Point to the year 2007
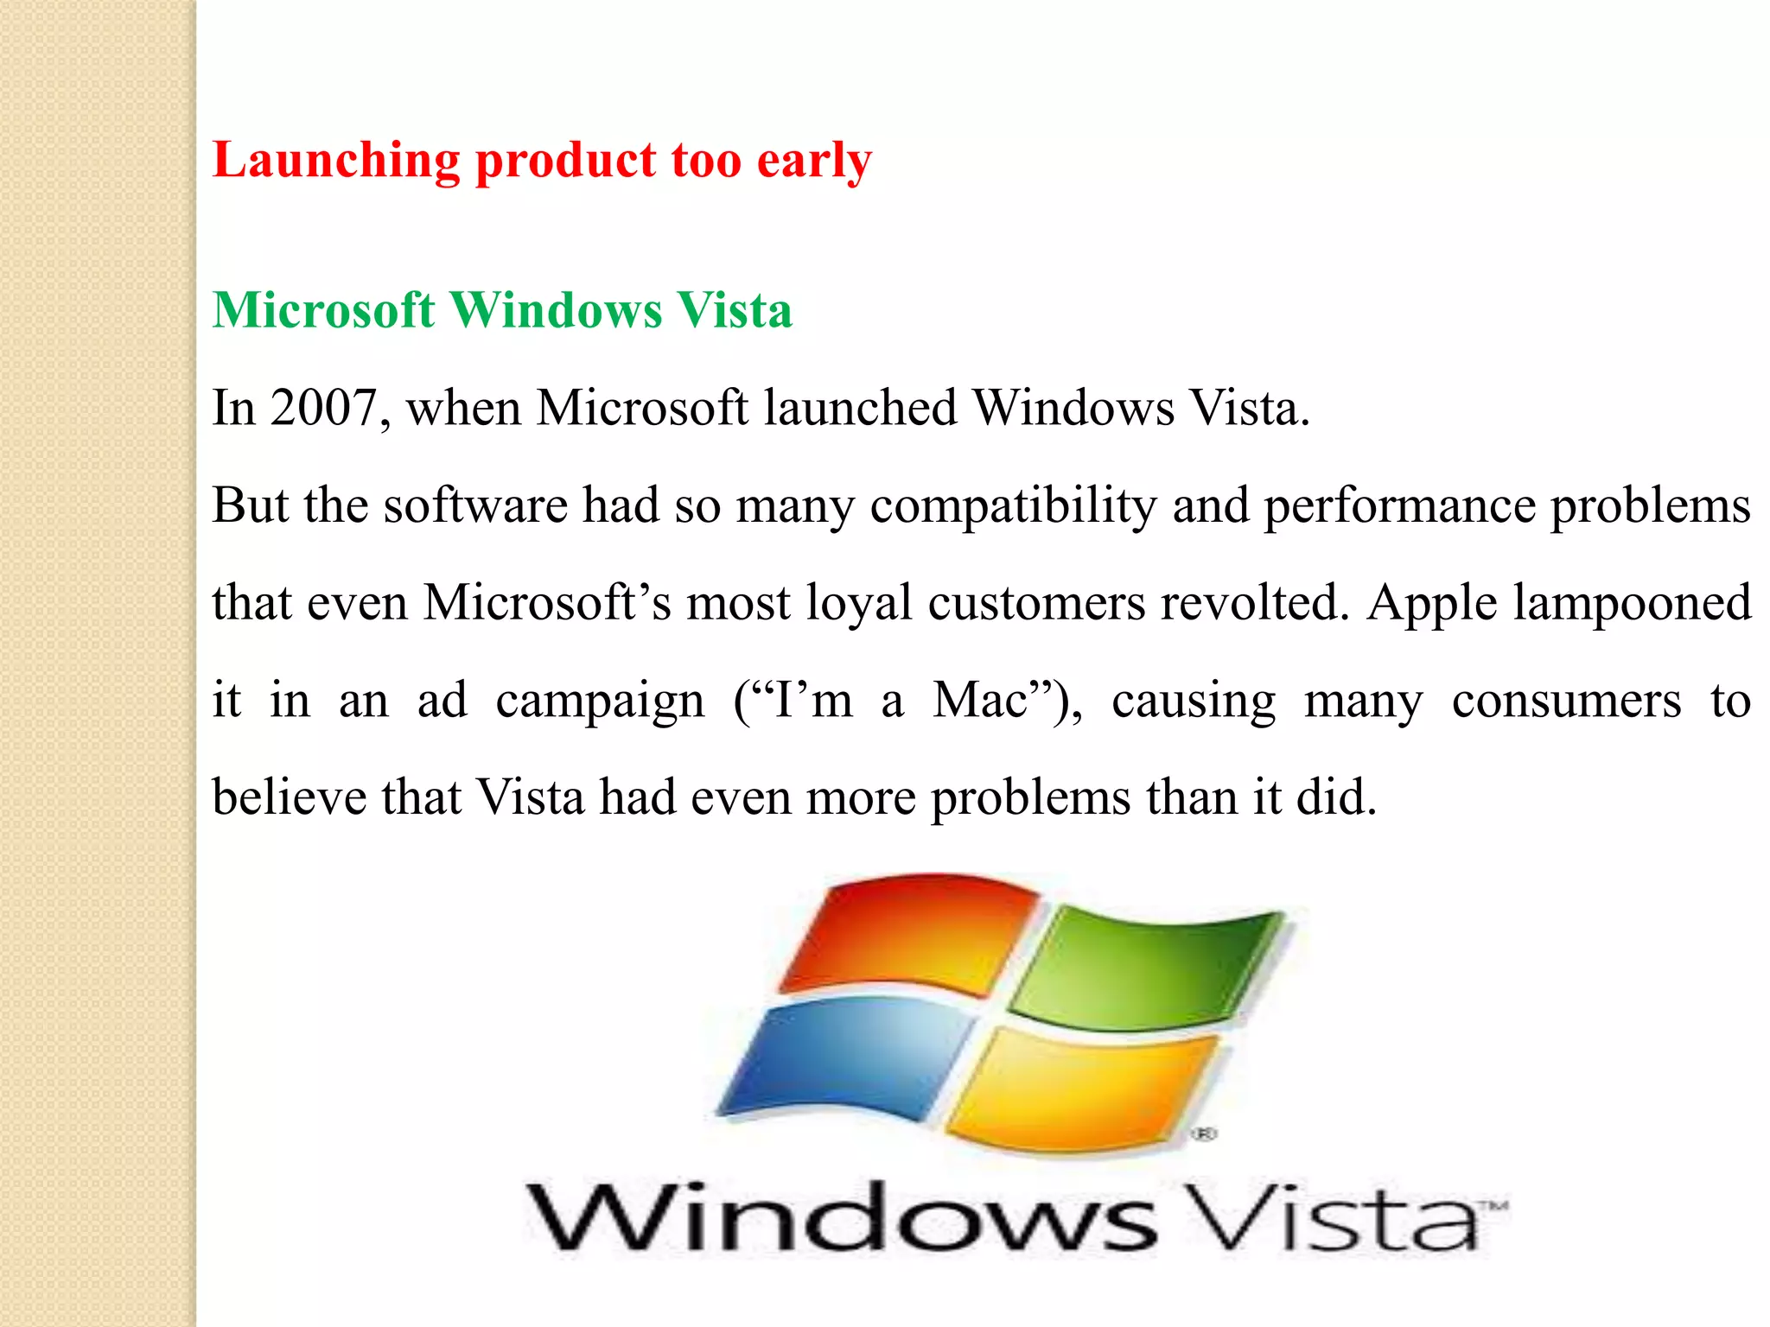pyautogui.click(x=323, y=408)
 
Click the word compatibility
pyautogui.click(x=1013, y=505)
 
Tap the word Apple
pyautogui.click(x=1431, y=604)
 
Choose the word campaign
pyautogui.click(x=600, y=702)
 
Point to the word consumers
pyautogui.click(x=1566, y=700)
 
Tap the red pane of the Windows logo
pyautogui.click(x=907, y=933)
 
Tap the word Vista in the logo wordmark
pyautogui.click(x=1331, y=1218)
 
